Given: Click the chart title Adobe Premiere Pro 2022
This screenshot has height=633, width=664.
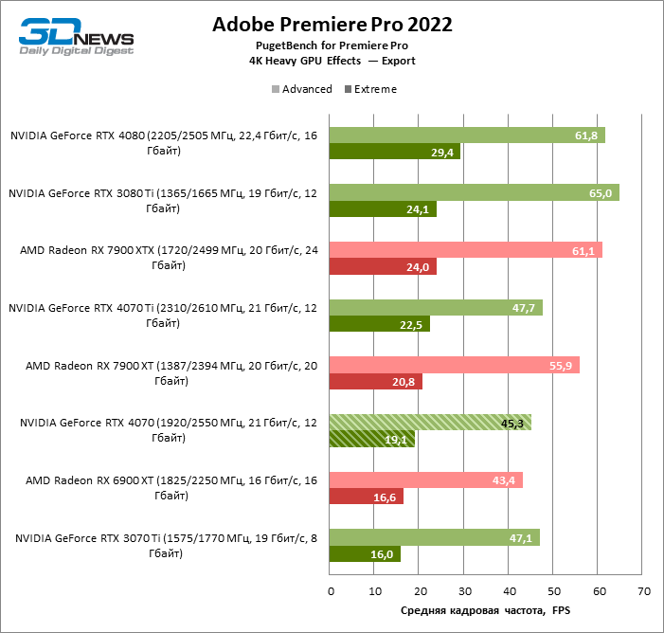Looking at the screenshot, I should tap(332, 25).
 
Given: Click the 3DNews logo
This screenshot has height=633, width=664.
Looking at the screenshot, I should tap(76, 35).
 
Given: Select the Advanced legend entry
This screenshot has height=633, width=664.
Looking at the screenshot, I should tap(302, 89).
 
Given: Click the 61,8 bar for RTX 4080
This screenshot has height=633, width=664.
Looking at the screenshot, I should tap(466, 136).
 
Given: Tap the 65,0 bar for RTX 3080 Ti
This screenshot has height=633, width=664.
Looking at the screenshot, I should tap(474, 193).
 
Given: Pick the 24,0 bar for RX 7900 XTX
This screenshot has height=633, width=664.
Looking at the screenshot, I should tap(383, 267).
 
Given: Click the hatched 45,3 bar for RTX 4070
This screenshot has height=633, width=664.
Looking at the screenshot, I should tap(430, 423).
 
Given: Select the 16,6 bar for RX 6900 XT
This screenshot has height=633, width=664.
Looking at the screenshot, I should tap(366, 497).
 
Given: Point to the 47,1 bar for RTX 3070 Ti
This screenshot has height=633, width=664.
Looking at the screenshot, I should tap(435, 538).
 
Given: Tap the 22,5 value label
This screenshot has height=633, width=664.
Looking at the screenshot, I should tap(415, 324).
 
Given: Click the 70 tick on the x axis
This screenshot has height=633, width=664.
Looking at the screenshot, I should tap(643, 591).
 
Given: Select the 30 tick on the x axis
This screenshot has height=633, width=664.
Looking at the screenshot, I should tap(464, 591).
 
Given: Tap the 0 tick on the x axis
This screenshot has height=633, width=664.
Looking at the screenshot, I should tap(331, 591).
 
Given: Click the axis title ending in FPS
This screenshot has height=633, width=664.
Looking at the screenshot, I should tap(486, 611).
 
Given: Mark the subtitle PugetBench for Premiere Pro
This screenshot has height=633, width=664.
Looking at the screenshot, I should tap(332, 45).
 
